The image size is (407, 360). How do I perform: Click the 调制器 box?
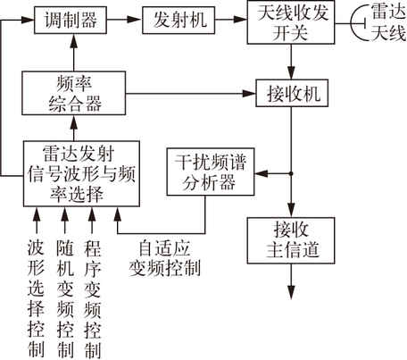(x=71, y=20)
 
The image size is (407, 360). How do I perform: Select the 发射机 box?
(x=179, y=20)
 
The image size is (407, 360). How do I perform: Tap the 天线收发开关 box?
(x=291, y=22)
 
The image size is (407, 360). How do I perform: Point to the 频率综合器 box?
(x=74, y=93)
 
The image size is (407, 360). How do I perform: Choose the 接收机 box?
(x=292, y=93)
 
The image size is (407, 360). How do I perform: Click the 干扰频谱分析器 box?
(x=211, y=172)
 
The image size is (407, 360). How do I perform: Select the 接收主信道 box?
(x=291, y=240)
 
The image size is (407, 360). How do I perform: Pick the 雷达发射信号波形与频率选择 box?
(x=81, y=173)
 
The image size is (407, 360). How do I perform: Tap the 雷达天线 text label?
(x=388, y=22)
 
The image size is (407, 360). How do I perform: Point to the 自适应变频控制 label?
(x=164, y=258)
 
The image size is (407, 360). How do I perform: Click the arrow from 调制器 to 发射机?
(x=124, y=20)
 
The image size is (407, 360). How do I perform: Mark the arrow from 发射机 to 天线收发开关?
(x=231, y=20)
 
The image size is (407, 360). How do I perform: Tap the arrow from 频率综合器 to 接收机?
(x=191, y=94)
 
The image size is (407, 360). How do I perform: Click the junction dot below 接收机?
(x=291, y=173)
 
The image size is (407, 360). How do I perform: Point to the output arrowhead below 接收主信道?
(x=291, y=292)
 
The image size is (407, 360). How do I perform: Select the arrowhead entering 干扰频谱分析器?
(x=262, y=173)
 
